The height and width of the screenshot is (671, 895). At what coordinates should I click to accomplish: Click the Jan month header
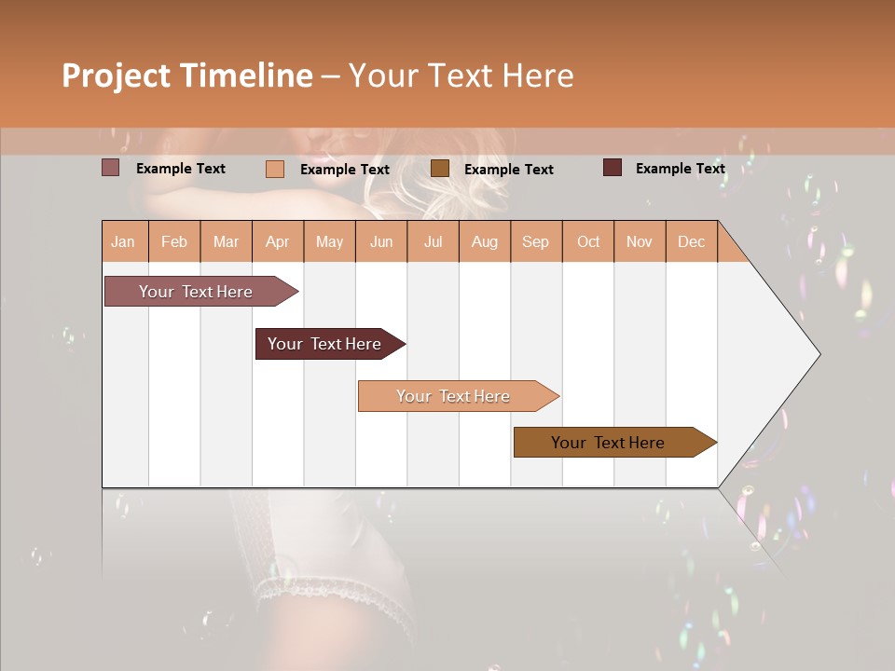[x=123, y=241]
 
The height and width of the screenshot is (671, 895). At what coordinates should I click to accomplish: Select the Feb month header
[x=174, y=241]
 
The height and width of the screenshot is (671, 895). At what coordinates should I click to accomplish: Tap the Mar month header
[x=226, y=241]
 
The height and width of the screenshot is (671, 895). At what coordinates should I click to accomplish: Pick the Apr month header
[x=278, y=241]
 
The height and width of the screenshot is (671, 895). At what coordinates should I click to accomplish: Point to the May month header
[x=329, y=241]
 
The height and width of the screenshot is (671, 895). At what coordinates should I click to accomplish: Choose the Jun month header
[x=381, y=241]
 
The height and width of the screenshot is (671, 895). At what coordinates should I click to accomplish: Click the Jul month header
[x=433, y=241]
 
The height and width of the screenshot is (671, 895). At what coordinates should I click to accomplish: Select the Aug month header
[x=485, y=241]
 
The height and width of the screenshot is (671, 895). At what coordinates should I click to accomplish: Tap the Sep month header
[x=536, y=241]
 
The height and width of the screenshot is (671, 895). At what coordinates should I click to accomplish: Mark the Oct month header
[x=588, y=241]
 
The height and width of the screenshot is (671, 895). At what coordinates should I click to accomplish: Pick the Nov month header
[x=640, y=241]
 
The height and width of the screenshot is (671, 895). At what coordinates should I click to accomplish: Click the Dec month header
[x=691, y=241]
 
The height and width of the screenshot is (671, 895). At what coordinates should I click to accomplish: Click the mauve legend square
[x=111, y=168]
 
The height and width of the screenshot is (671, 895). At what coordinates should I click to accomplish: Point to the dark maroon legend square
[x=613, y=168]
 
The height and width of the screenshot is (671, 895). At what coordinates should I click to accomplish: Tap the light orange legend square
[x=275, y=169]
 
